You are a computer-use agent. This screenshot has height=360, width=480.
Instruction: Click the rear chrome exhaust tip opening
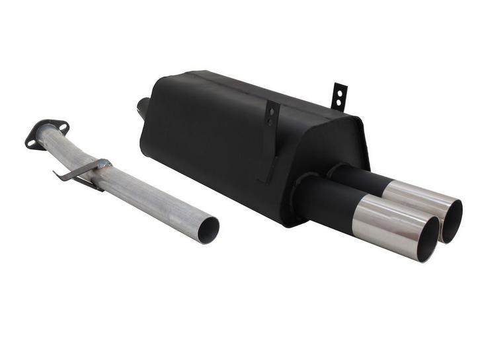(x=453, y=219)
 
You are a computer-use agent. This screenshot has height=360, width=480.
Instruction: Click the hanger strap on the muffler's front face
(x=270, y=139)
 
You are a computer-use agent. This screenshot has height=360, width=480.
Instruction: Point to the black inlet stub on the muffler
(x=143, y=106)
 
